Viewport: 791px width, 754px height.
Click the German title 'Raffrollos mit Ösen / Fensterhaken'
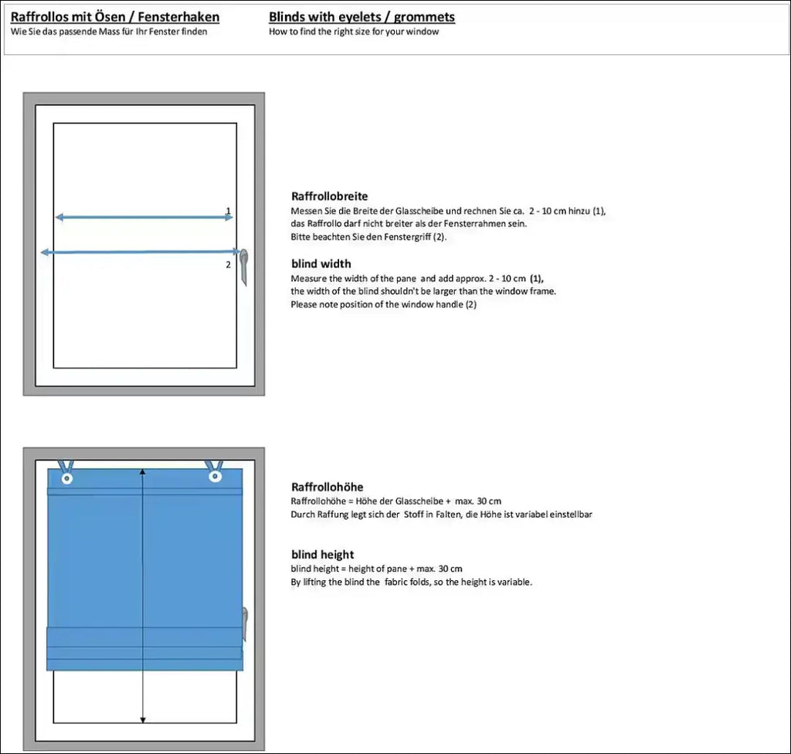[115, 17]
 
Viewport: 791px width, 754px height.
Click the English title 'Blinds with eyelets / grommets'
[362, 17]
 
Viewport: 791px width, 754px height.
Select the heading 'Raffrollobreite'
[329, 196]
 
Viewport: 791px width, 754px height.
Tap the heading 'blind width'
[321, 263]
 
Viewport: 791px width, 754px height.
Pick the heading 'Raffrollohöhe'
[327, 487]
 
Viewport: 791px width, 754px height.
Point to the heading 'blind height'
[322, 554]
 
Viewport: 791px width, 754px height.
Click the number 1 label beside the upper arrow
[228, 210]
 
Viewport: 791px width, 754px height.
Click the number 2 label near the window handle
[228, 264]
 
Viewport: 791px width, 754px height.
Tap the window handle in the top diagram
[244, 264]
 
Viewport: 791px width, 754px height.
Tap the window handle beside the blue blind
[245, 622]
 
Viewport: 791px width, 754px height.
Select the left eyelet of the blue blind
[67, 479]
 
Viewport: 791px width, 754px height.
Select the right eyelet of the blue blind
[215, 477]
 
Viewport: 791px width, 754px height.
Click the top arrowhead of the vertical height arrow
[143, 471]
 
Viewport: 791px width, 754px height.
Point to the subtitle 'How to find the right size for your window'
[354, 32]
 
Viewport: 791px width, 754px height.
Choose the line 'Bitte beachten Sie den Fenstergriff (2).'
[368, 236]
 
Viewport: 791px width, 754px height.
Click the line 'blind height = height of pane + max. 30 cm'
[376, 569]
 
